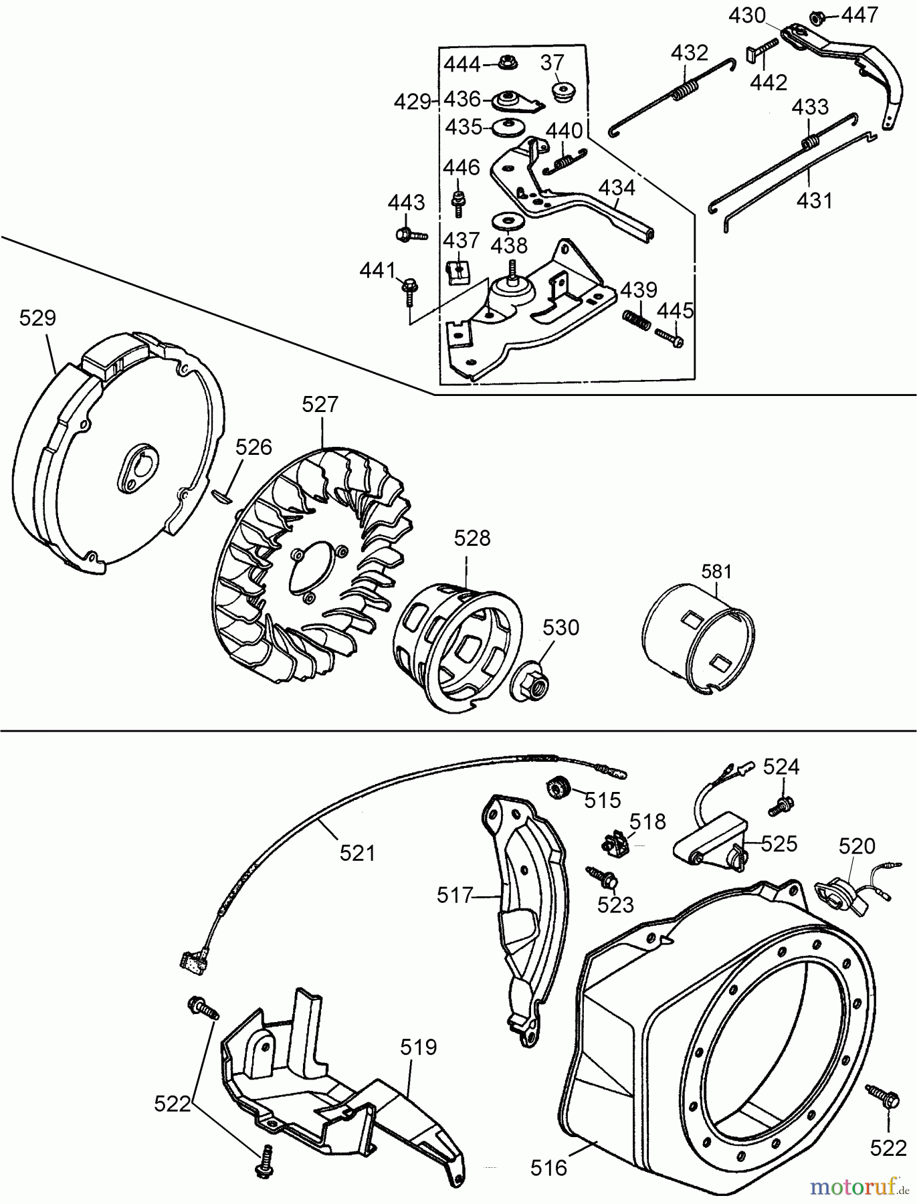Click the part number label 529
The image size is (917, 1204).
37,318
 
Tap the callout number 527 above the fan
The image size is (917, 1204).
320,405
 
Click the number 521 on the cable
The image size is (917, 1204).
357,852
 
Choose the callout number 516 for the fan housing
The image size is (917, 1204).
548,1167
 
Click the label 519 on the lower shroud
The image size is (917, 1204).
419,1047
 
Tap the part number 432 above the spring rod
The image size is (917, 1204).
689,53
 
